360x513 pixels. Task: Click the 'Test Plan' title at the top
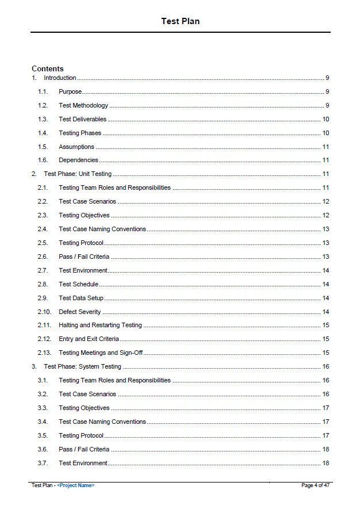coord(180,21)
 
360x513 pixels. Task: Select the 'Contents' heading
coord(48,68)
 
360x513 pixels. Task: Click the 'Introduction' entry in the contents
coord(60,78)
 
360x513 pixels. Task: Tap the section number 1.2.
coord(43,105)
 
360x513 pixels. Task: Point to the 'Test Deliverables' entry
coord(82,119)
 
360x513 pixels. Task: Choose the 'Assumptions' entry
coord(76,147)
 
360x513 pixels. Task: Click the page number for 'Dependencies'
coord(325,160)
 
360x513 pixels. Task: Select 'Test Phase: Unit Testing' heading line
coord(78,174)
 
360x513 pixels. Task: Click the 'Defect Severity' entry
coord(79,312)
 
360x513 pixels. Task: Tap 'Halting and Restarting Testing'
coord(100,326)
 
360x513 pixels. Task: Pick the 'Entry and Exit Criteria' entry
coord(89,339)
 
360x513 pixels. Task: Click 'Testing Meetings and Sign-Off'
coord(101,353)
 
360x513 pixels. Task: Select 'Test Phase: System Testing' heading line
coord(82,366)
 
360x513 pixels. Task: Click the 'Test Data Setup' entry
coord(81,298)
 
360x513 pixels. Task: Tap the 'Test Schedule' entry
coord(78,284)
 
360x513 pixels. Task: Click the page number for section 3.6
coord(325,449)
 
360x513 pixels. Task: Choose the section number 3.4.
coord(43,422)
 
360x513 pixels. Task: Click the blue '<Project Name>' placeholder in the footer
coord(76,485)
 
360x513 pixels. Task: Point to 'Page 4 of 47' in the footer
coord(315,485)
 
